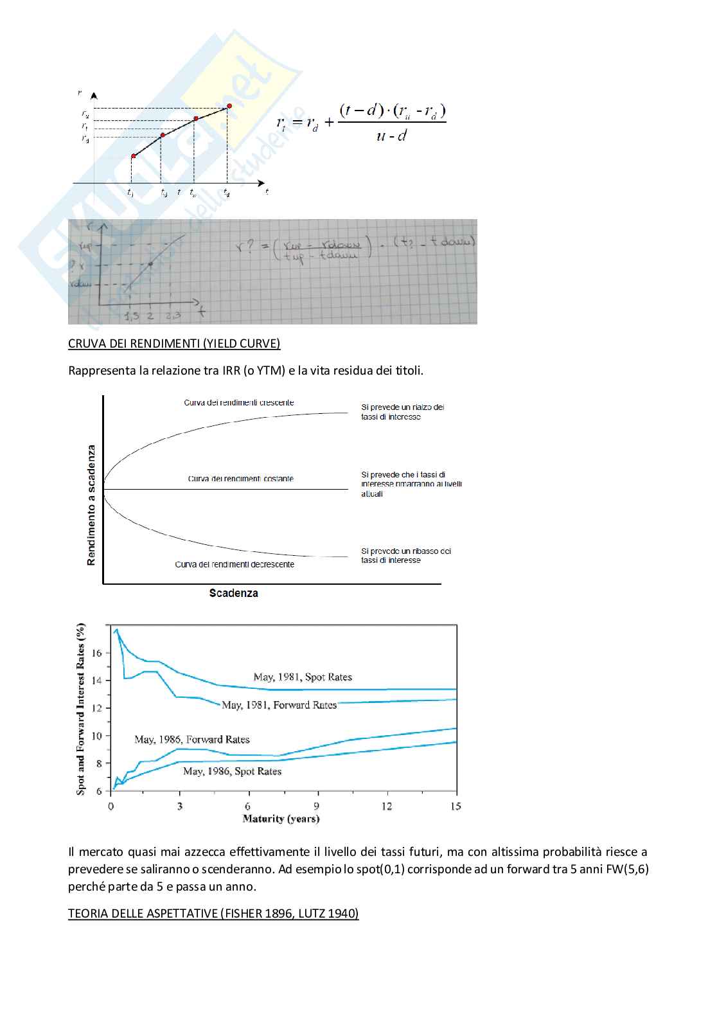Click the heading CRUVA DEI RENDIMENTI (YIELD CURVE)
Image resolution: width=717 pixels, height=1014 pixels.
pos(174,343)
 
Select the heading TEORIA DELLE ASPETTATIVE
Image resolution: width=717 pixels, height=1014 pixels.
pos(213,912)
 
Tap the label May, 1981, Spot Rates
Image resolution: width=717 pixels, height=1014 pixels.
pos(303,677)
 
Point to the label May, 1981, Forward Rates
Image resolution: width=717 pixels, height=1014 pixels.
pos(279,705)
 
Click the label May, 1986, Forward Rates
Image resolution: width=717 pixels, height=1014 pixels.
pos(191,739)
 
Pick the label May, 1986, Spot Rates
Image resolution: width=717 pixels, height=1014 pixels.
pos(232,771)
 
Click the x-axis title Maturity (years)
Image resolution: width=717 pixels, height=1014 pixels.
pos(281,819)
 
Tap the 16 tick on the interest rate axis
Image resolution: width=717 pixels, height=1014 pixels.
pos(97,653)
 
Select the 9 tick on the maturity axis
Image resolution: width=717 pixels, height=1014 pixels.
pos(317,806)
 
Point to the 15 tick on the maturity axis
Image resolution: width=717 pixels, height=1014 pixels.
pos(456,806)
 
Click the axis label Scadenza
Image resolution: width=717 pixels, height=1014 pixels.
pos(233,593)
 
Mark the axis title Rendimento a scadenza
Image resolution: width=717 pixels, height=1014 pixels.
pos(91,505)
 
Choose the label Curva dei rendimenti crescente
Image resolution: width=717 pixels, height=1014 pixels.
pos(239,403)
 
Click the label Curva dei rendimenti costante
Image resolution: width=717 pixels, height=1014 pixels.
pos(240,479)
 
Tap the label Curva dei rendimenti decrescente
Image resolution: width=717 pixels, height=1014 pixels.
pos(235,564)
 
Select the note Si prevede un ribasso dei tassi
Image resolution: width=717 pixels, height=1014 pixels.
pos(405,556)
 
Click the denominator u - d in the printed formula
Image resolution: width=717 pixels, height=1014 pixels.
pos(391,136)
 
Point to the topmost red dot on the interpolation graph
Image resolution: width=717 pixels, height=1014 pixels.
pos(228,107)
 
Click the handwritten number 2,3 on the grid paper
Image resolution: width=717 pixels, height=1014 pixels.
pos(173,315)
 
